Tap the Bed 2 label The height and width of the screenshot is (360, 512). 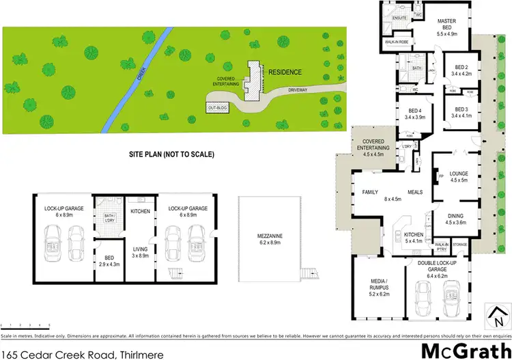pos(455,70)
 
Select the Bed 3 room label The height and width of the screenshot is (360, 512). pos(455,113)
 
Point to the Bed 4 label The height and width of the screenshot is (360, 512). pos(414,113)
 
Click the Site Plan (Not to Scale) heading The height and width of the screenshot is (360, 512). pos(171,154)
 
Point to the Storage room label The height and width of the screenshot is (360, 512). pos(459,243)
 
